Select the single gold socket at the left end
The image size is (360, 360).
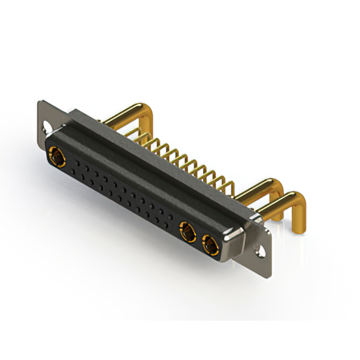coord(57,155)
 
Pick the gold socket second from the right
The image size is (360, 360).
coord(187,231)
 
